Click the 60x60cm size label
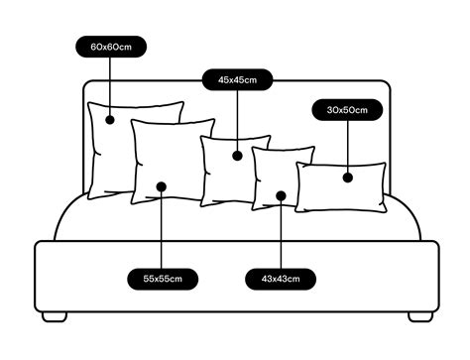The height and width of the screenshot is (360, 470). [x=111, y=46]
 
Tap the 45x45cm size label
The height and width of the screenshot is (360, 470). [x=238, y=79]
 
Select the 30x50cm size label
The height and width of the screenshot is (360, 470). [x=347, y=110]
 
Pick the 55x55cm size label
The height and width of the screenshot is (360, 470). [x=163, y=279]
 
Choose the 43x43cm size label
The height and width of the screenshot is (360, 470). [x=281, y=279]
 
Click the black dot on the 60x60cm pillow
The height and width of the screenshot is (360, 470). [x=111, y=120]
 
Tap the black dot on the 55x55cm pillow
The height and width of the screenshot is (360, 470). [x=163, y=185]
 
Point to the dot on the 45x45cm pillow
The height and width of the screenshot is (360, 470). [x=238, y=155]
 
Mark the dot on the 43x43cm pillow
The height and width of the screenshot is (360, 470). [x=281, y=195]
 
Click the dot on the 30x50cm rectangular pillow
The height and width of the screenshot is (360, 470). [x=348, y=178]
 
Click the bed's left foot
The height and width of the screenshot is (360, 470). [x=56, y=317]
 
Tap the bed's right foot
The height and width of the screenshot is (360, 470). [x=420, y=317]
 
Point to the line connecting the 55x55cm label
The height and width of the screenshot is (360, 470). [x=163, y=233]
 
